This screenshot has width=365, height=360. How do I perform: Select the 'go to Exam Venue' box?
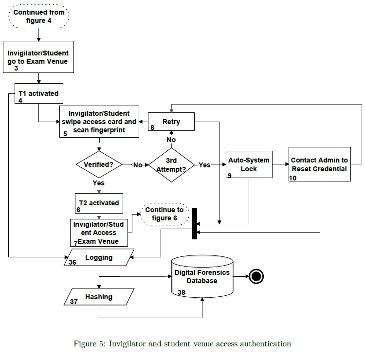(x=38, y=57)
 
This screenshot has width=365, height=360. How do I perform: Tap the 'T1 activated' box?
(x=38, y=94)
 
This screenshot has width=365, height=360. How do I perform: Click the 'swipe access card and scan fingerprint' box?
(x=99, y=121)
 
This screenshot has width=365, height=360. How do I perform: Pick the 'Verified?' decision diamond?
(x=99, y=164)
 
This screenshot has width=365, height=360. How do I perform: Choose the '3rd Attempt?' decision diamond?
(x=172, y=164)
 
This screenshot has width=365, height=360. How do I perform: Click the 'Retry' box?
(x=171, y=122)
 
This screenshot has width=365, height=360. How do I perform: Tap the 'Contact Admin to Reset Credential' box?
(x=319, y=164)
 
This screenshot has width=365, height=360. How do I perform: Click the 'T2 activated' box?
(x=99, y=203)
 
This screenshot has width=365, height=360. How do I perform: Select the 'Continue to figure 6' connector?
(x=164, y=214)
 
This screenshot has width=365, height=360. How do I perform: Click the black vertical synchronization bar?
(x=195, y=224)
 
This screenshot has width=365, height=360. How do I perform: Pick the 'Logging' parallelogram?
(x=99, y=257)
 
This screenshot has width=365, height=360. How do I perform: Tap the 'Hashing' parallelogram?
(x=99, y=297)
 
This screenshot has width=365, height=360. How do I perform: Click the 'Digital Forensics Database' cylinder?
(x=202, y=277)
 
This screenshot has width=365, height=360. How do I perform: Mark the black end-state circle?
(x=256, y=277)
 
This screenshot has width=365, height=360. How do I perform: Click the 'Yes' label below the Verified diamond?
(x=99, y=183)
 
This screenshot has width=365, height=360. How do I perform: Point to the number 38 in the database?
(x=182, y=292)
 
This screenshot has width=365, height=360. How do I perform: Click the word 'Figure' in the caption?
(x=84, y=344)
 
